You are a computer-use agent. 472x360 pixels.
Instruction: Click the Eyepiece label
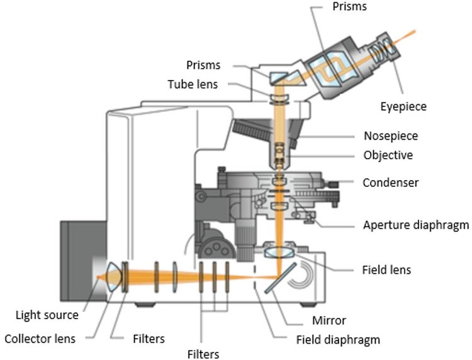(x=403, y=107)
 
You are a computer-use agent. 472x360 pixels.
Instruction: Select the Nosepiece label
(x=390, y=135)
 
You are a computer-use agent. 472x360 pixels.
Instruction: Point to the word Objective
(x=388, y=155)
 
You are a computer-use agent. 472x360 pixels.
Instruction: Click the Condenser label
(x=391, y=183)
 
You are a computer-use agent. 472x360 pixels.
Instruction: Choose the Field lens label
(x=386, y=270)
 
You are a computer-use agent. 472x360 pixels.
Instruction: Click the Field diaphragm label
(x=338, y=340)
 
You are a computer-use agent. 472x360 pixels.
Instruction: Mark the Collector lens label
(x=40, y=339)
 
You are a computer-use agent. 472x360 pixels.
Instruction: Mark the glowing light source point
(x=98, y=276)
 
